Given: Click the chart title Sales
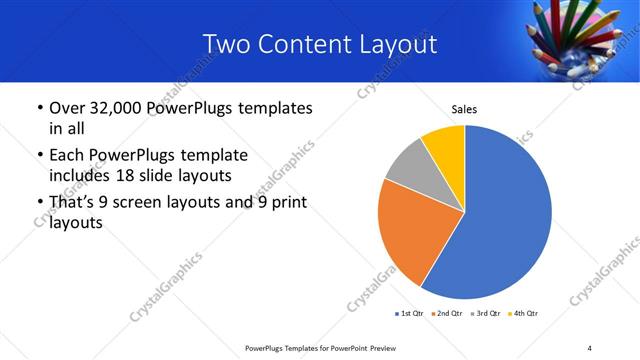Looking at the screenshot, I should pos(465,108).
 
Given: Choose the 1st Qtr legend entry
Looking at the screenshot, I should pos(411,314).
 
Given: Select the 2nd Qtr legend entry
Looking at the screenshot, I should pos(447,314).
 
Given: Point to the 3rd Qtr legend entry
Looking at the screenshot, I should pos(486,314).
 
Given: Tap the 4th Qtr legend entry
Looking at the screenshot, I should pos(523,314).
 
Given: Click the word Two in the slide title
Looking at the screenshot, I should pos(225,44).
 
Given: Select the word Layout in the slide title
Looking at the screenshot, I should pos(395,44).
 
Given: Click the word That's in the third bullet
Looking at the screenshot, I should pos(77,204).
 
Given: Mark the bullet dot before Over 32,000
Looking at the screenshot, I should pos(38,108).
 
